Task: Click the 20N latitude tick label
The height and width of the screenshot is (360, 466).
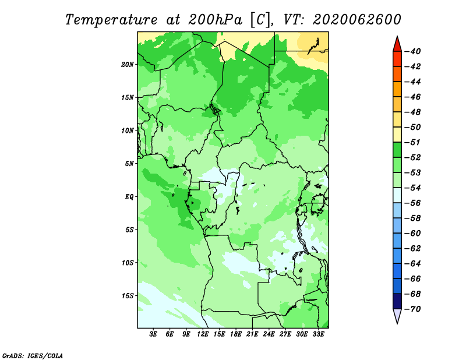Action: click(x=128, y=65)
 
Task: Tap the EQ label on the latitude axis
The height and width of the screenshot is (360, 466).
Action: click(x=129, y=197)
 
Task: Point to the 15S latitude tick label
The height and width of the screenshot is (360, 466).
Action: click(x=128, y=296)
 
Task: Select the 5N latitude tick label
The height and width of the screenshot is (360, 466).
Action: click(x=129, y=164)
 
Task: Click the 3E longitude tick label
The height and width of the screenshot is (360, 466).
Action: click(x=153, y=334)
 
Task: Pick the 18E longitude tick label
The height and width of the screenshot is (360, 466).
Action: click(x=236, y=334)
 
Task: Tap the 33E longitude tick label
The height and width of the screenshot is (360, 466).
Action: click(x=318, y=334)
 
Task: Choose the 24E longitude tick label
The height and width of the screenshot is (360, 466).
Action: click(x=269, y=334)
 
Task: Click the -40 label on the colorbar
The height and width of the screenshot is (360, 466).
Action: click(x=413, y=51)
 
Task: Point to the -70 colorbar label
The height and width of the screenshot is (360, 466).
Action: click(x=413, y=309)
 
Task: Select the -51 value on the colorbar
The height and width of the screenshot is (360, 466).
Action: click(x=413, y=142)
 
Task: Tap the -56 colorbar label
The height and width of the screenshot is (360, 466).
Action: click(x=413, y=203)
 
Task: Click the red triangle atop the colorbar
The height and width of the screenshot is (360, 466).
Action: click(x=397, y=45)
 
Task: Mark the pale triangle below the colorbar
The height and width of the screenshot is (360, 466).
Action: click(x=397, y=315)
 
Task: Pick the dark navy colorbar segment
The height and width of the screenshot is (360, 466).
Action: click(x=397, y=301)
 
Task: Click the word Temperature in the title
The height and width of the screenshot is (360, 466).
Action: click(x=111, y=20)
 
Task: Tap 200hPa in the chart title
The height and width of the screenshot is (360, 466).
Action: click(x=215, y=20)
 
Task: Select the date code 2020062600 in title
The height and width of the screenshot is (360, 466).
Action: click(x=357, y=20)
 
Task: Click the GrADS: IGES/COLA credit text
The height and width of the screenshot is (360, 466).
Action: click(x=33, y=356)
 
